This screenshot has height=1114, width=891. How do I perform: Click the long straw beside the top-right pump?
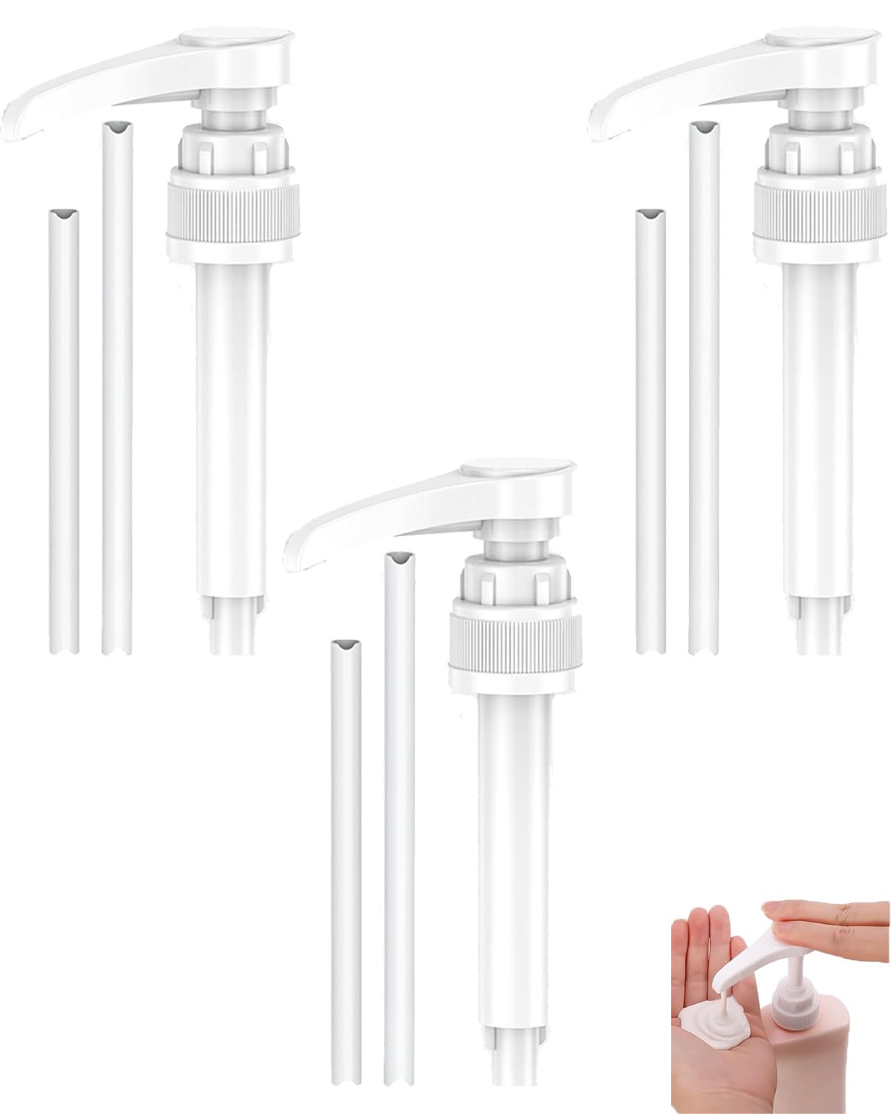[703, 386]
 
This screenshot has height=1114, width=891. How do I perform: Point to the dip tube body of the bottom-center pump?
[512, 854]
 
